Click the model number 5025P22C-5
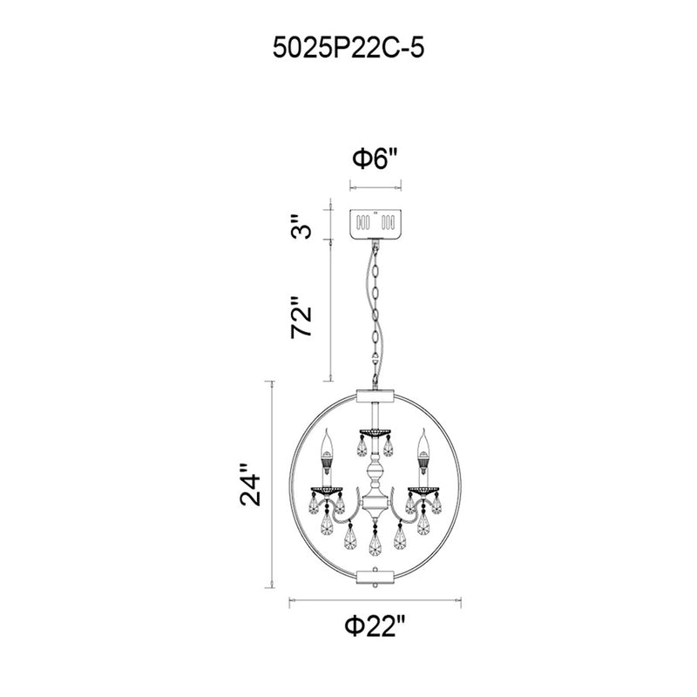coord(348,48)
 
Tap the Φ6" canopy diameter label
coord(374,159)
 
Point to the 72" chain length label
coord(301,317)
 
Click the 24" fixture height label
coord(250,485)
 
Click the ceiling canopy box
coord(376,224)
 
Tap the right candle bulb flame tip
coord(423,430)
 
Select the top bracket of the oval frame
coord(376,396)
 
